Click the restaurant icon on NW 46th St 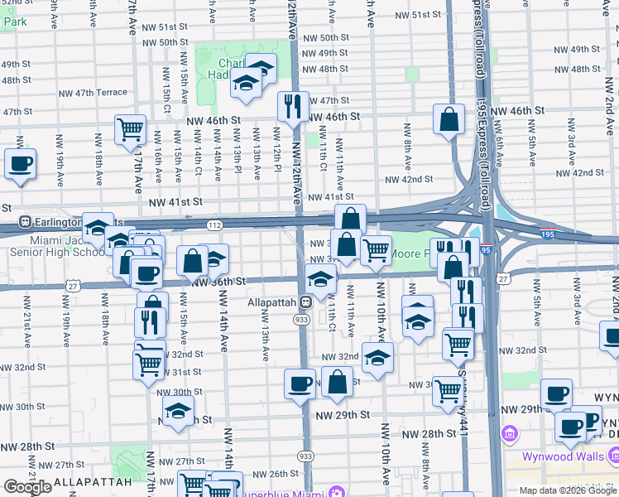(292, 106)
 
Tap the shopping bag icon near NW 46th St (448, 119)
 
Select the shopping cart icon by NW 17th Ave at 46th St (130, 128)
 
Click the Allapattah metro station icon (305, 302)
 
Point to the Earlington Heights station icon (25, 222)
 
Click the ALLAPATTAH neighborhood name (94, 481)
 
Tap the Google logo (26, 487)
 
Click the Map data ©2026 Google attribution (567, 490)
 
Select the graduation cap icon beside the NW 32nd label (377, 357)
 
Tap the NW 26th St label (271, 474)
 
